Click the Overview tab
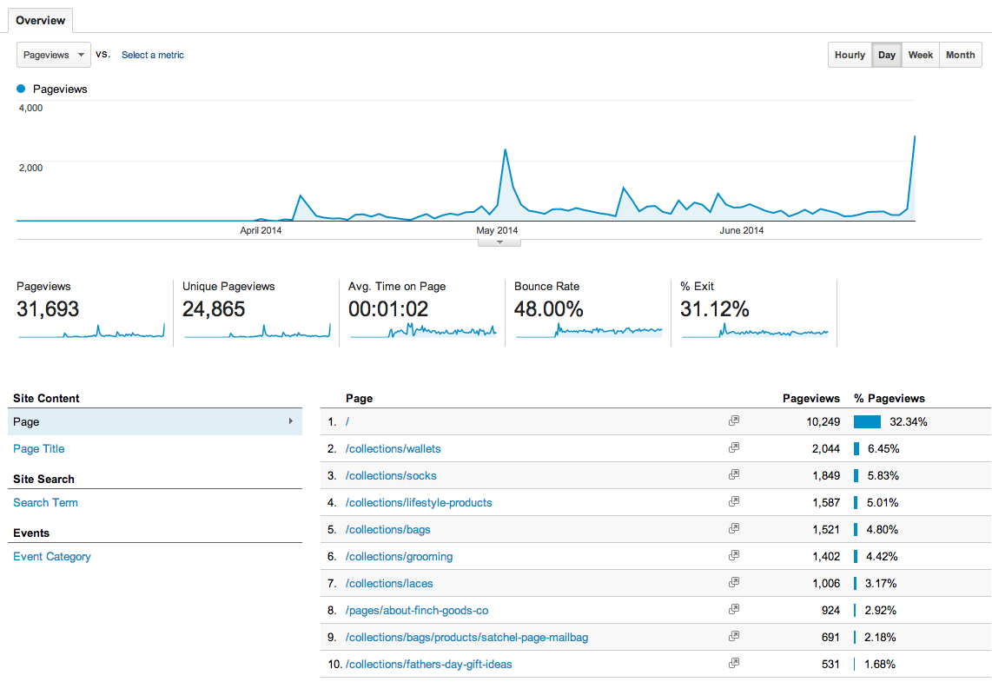pyautogui.click(x=40, y=20)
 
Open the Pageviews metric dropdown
pyautogui.click(x=54, y=55)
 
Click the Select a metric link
pyautogui.click(x=153, y=55)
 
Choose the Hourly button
pyautogui.click(x=850, y=55)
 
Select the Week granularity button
pyautogui.click(x=920, y=55)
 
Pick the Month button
pyautogui.click(x=960, y=55)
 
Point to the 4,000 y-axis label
pyautogui.click(x=31, y=108)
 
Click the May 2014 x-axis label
pyautogui.click(x=497, y=230)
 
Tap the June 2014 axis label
pyautogui.click(x=742, y=230)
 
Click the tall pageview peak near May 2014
pyautogui.click(x=505, y=149)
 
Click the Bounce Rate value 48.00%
pyautogui.click(x=548, y=309)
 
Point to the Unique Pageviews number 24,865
pyautogui.click(x=214, y=309)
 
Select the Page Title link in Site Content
pyautogui.click(x=39, y=449)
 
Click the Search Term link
pyautogui.click(x=45, y=503)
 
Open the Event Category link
pyautogui.click(x=52, y=557)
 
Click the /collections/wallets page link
pyautogui.click(x=393, y=449)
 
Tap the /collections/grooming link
pyautogui.click(x=400, y=557)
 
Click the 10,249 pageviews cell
pyautogui.click(x=820, y=422)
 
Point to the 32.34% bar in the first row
pyautogui.click(x=867, y=422)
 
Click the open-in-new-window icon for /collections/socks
pyautogui.click(x=734, y=474)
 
